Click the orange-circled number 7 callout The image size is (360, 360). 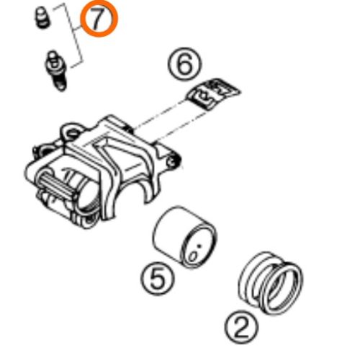coord(99,20)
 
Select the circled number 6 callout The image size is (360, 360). coord(184,63)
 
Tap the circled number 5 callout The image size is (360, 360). coord(158,278)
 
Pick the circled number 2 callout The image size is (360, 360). coord(241,328)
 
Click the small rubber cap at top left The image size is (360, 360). coord(42,17)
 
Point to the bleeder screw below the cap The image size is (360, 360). coord(55,71)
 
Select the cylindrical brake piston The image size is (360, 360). coord(185,237)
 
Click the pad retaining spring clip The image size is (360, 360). coord(212,93)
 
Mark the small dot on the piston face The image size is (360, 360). coord(199,246)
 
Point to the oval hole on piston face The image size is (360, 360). coord(193,256)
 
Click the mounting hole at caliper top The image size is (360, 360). coord(72,132)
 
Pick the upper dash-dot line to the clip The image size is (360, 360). coord(159,114)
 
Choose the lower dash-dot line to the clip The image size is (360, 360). coord(179,127)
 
